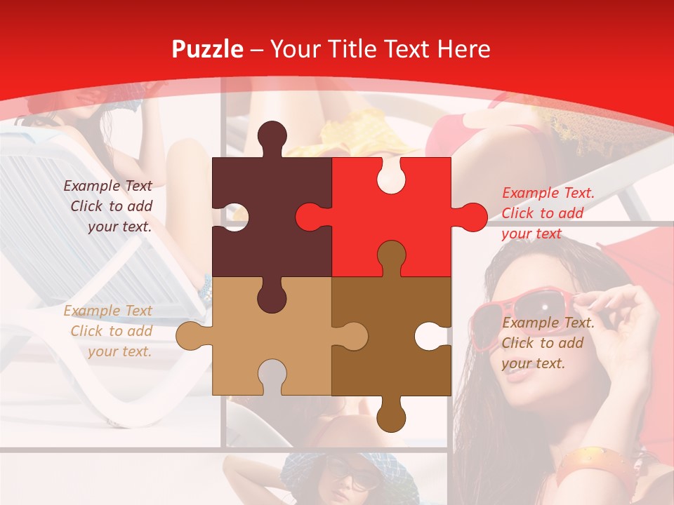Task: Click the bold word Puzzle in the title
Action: pos(207,49)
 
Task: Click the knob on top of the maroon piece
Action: pos(272,137)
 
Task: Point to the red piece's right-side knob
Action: pos(468,217)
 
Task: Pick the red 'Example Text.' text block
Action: pos(548,213)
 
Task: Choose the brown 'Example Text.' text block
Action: pos(548,343)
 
